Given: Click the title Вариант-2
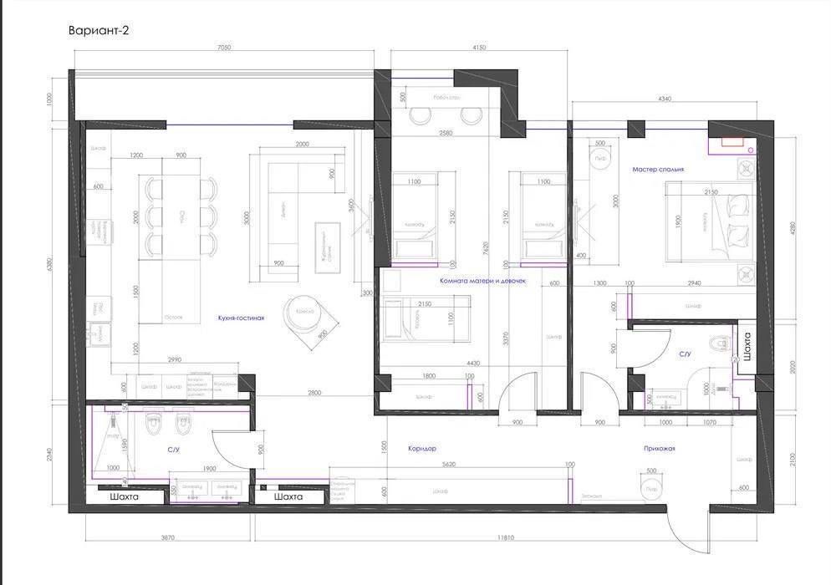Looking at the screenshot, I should tap(98, 30).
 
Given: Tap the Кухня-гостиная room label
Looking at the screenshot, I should tap(241, 318).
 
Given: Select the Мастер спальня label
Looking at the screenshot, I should tap(658, 169).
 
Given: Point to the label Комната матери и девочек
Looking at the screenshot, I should tap(482, 281).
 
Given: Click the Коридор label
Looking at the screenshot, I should tap(422, 449).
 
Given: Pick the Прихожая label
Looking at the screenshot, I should tap(660, 449).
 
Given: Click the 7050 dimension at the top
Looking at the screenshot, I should tap(223, 48).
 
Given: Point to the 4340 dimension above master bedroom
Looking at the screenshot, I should tap(665, 99).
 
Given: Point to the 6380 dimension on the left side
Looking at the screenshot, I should tap(51, 265).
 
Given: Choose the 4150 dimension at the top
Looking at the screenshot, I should tap(478, 48).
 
